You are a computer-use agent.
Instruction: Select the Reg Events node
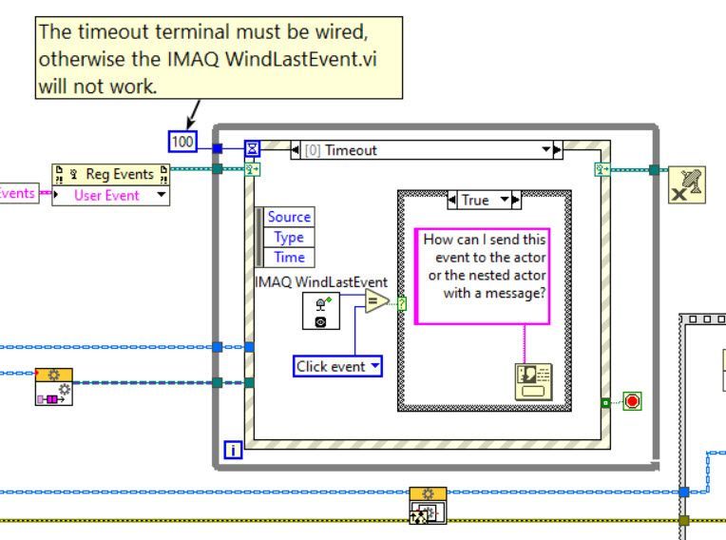[111, 174]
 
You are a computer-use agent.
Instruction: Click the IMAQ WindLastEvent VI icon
[320, 310]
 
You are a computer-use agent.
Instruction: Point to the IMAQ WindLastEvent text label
[321, 281]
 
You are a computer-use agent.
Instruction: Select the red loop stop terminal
[632, 401]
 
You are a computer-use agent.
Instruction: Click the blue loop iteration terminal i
[232, 449]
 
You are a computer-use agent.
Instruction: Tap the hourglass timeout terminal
[253, 148]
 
